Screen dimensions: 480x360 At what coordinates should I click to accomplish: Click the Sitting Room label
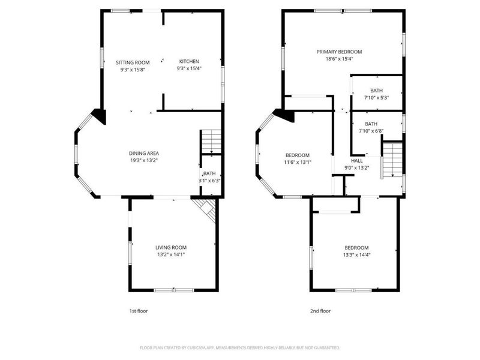(x=133, y=62)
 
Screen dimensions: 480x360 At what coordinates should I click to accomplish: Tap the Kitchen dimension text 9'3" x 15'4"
(x=189, y=68)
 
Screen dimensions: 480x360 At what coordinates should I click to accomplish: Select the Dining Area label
(x=144, y=154)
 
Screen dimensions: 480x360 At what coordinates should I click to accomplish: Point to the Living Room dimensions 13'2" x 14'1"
(x=171, y=254)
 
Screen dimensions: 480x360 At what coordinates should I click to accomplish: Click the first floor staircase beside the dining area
(x=211, y=142)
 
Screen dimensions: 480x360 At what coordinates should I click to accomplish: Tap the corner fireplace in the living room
(x=206, y=209)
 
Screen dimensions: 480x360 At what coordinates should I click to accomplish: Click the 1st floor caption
(x=139, y=311)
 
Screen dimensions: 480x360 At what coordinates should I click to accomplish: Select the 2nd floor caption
(x=320, y=311)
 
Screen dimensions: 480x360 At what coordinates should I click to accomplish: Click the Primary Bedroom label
(x=339, y=52)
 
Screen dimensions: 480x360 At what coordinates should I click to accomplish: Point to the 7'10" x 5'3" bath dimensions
(x=377, y=98)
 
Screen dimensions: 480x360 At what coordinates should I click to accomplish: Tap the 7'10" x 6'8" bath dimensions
(x=371, y=131)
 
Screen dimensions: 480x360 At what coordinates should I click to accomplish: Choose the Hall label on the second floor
(x=357, y=160)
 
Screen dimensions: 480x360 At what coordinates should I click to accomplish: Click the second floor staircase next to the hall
(x=392, y=160)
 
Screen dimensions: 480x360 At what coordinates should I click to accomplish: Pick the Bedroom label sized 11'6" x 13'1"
(x=298, y=155)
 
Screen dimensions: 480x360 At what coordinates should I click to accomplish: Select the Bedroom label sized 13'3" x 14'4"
(x=356, y=248)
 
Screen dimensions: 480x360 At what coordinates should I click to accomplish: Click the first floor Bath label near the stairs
(x=209, y=173)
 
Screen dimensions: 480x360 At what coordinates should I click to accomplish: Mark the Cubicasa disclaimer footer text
(x=239, y=348)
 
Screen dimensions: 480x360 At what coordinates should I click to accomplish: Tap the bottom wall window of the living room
(x=174, y=290)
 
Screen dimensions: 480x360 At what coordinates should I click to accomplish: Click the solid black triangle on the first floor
(x=100, y=116)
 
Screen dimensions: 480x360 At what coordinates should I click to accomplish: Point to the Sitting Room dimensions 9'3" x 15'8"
(x=133, y=70)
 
